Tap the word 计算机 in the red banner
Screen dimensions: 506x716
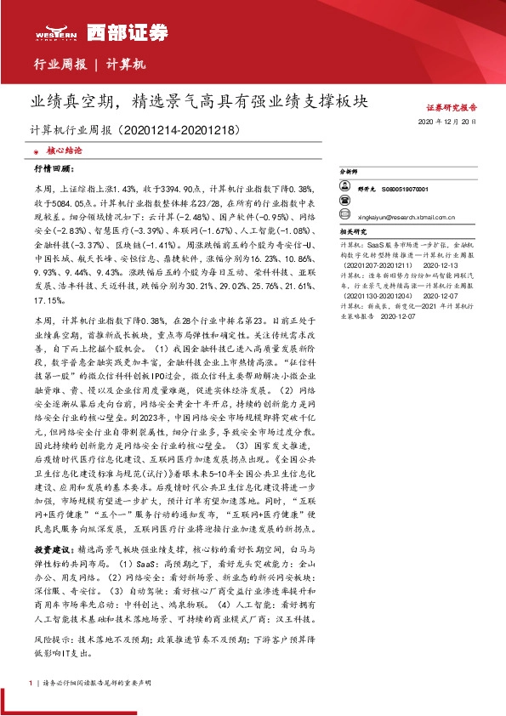128,65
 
